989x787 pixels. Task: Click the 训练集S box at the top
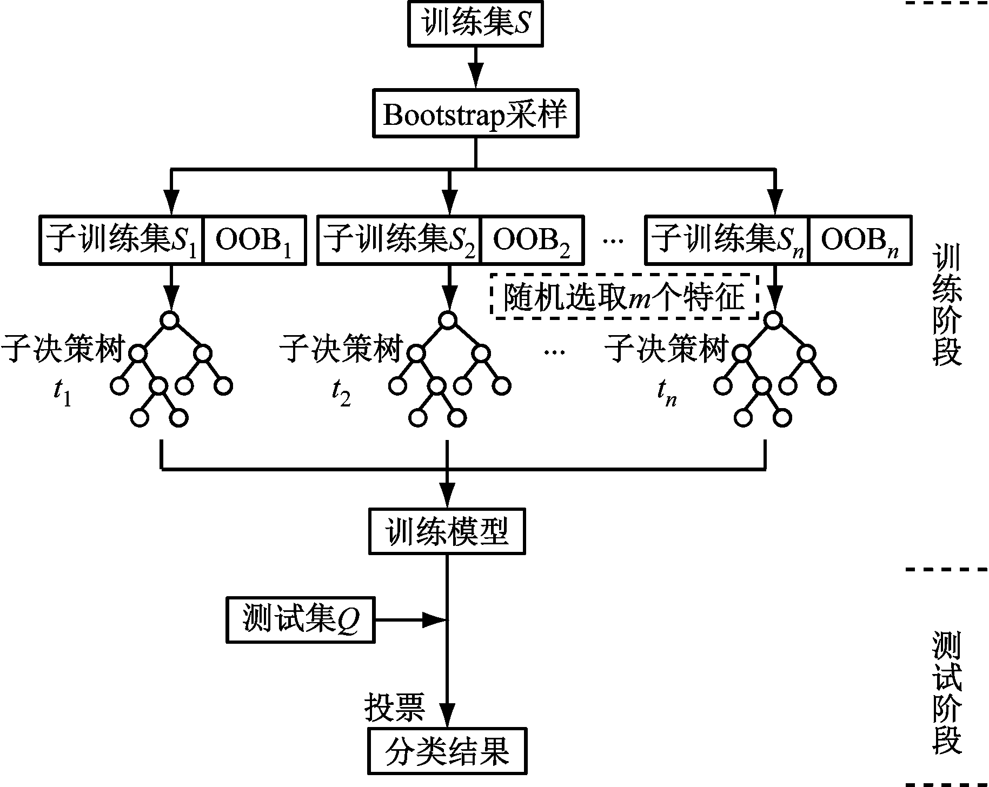coord(475,25)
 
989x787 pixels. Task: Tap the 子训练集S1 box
coord(122,240)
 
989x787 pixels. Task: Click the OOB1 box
coord(254,240)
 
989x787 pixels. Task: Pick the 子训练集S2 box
coord(399,240)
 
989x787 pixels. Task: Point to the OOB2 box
coord(532,240)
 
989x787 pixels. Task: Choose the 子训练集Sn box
coord(727,240)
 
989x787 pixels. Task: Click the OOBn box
coord(860,240)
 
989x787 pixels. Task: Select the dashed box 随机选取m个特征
coord(625,296)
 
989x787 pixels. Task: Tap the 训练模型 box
coord(447,531)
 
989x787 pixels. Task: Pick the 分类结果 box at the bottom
coord(447,751)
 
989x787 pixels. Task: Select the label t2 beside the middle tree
coord(341,393)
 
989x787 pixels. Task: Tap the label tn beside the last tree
coord(667,393)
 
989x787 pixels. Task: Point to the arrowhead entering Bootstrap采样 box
coord(475,77)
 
